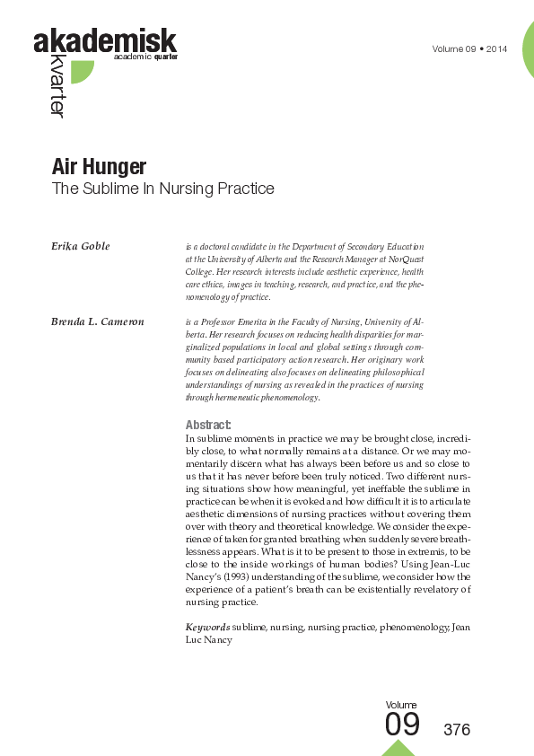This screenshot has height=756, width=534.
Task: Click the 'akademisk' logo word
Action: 105,41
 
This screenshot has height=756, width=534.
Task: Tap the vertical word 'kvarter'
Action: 57,86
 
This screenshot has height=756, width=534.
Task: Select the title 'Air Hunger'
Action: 99,167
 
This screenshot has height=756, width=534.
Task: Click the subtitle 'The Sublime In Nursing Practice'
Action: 162,189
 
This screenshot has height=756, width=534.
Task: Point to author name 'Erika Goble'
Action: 81,246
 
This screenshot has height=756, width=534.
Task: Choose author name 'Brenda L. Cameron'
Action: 97,321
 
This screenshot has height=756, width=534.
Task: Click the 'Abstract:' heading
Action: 208,425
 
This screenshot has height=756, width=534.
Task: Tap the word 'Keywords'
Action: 207,626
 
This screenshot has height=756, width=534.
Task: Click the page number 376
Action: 457,729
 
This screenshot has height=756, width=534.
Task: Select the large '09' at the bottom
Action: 402,724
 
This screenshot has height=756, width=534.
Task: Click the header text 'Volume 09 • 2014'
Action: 469,48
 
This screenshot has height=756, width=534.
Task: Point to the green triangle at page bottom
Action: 398,748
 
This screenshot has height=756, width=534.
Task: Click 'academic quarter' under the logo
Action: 146,57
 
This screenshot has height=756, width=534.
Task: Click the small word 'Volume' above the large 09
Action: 401,705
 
